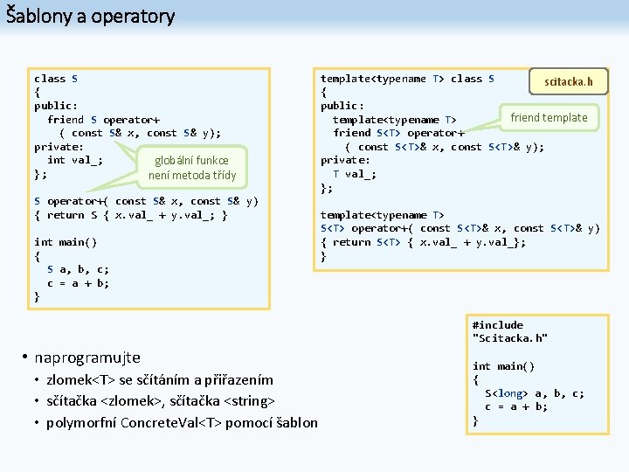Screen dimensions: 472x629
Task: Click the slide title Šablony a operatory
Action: pyautogui.click(x=91, y=16)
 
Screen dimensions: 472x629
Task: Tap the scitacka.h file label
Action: pyautogui.click(x=568, y=82)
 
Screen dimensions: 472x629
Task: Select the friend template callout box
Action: pyautogui.click(x=549, y=117)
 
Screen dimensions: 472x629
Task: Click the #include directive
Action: pyautogui.click(x=497, y=325)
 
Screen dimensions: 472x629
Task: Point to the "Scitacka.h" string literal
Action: pyautogui.click(x=509, y=338)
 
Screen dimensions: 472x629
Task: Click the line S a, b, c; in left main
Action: pyautogui.click(x=79, y=269)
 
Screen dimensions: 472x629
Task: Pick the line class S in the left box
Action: pyautogui.click(x=56, y=79)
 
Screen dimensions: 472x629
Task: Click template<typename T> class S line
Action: pyautogui.click(x=407, y=79)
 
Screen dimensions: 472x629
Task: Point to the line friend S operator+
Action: pyautogui.click(x=103, y=119)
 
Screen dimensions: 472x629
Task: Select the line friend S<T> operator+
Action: pyautogui.click(x=398, y=133)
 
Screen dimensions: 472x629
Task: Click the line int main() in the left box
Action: pyautogui.click(x=66, y=242)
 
